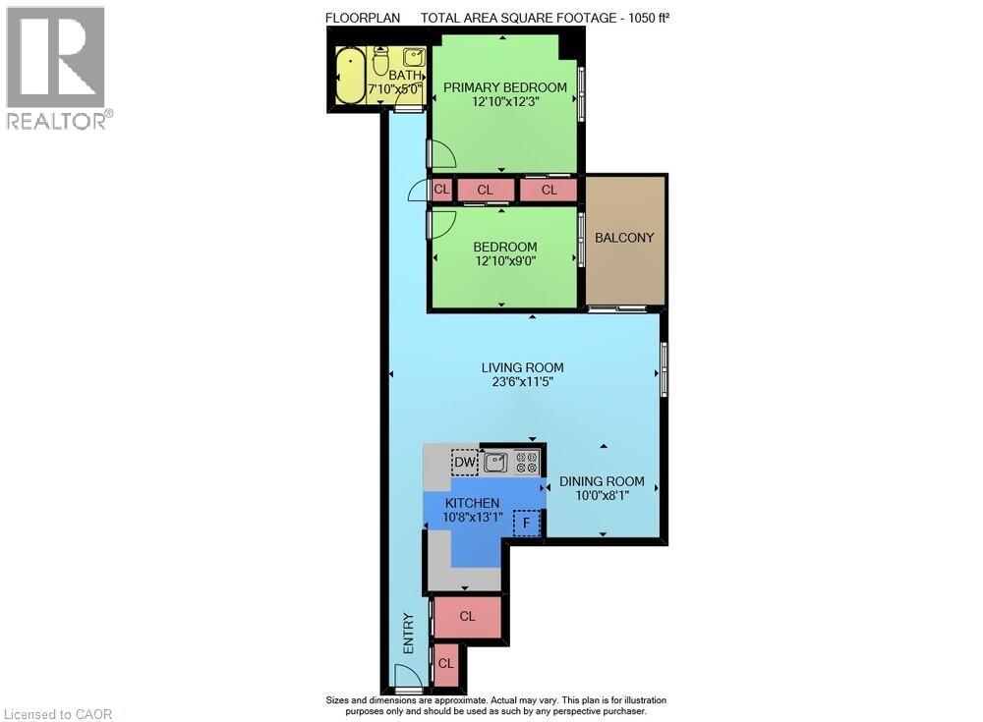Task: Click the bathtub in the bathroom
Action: pos(350,76)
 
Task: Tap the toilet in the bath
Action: pos(380,62)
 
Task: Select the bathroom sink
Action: pos(413,58)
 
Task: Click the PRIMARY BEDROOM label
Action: pos(504,87)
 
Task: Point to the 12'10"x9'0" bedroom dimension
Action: pos(505,261)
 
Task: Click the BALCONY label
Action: pos(624,238)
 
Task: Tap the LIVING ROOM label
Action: pos(522,367)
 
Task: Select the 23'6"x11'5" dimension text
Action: pos(522,382)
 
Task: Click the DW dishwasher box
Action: pos(464,462)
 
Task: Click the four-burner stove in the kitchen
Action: pos(527,462)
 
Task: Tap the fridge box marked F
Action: pos(527,523)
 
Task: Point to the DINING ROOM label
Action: pos(602,481)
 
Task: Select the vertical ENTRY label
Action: pos(408,634)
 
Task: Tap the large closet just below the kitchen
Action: pos(468,617)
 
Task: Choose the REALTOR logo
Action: pos(57,68)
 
